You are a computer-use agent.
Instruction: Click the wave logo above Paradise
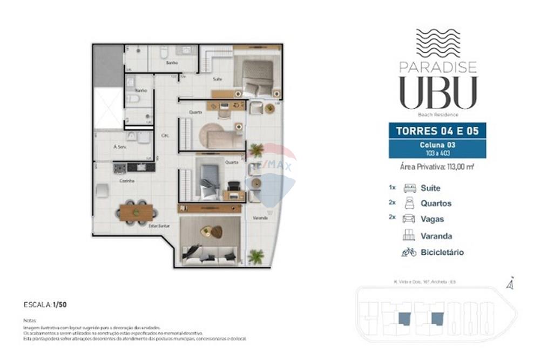[x=437, y=43]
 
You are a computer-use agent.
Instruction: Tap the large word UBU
[x=438, y=93]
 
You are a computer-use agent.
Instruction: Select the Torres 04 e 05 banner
[x=437, y=131]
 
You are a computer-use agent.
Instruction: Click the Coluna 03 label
[x=437, y=145]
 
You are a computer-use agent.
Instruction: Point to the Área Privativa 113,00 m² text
[x=437, y=167]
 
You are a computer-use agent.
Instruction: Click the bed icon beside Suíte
[x=409, y=188]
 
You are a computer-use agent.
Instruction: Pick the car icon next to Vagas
[x=409, y=219]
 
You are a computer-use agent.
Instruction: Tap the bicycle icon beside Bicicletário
[x=409, y=252]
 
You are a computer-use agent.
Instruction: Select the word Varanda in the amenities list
[x=436, y=236]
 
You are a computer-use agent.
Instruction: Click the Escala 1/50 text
[x=45, y=305]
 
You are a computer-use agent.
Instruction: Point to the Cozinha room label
[x=127, y=181]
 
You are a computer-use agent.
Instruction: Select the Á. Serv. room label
[x=119, y=147]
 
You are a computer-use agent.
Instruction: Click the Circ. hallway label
[x=165, y=135]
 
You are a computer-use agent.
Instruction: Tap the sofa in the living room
[x=210, y=254]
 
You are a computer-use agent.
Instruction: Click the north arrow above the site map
[x=509, y=283]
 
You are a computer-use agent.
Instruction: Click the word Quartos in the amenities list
[x=436, y=203]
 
